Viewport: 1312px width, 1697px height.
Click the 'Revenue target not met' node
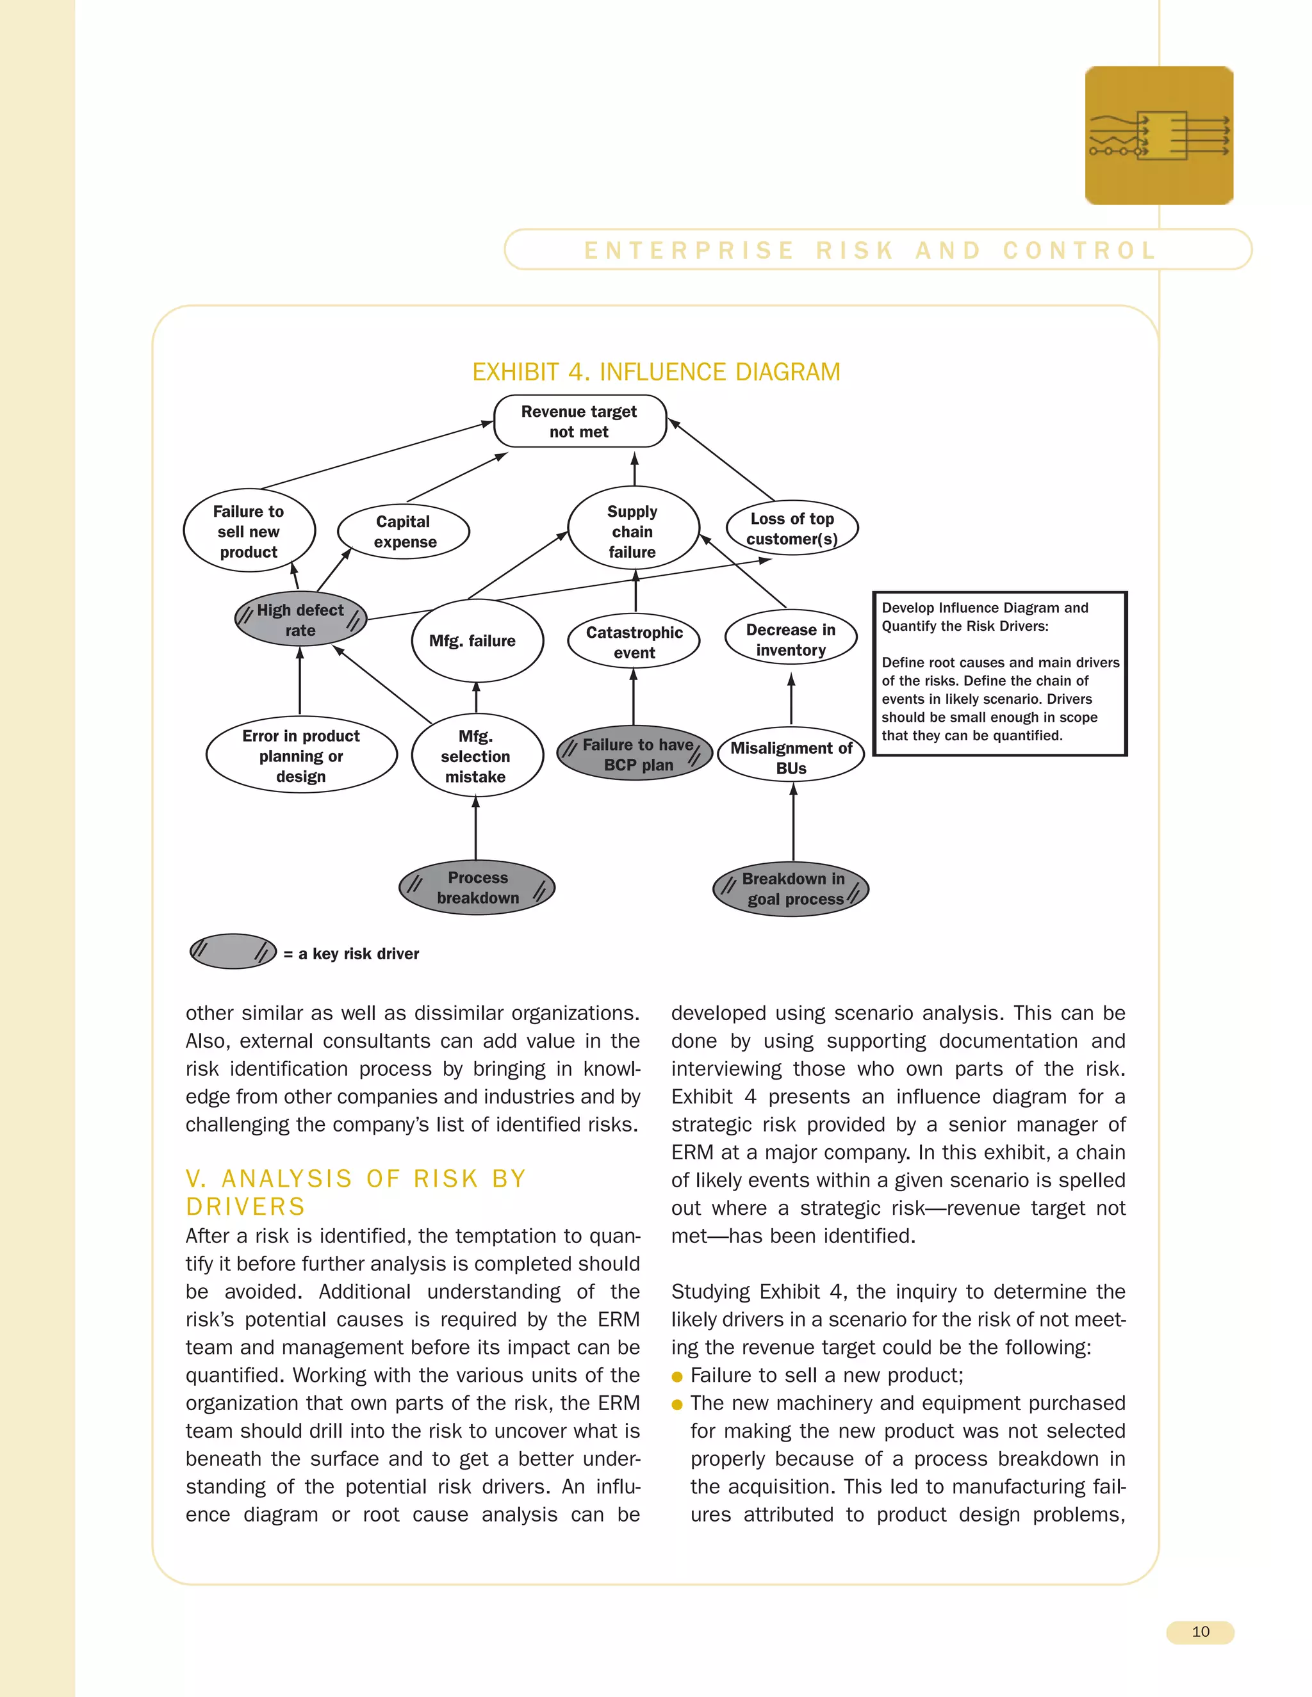(580, 421)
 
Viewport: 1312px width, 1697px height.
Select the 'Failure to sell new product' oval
(249, 531)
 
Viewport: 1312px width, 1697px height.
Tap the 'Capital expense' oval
(404, 532)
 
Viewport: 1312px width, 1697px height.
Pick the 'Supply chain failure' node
(633, 531)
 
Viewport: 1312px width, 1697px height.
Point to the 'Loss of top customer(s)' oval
(791, 528)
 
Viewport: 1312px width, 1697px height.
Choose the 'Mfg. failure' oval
(477, 641)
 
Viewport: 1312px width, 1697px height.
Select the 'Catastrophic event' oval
(634, 642)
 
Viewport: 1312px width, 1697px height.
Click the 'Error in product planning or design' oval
(301, 755)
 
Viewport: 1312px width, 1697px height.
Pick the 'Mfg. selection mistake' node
(477, 755)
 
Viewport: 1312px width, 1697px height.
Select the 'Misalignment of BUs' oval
(791, 757)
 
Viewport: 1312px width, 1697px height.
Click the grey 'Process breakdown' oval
(477, 888)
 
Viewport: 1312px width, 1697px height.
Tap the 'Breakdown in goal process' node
(791, 889)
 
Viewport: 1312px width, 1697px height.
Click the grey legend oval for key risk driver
(233, 951)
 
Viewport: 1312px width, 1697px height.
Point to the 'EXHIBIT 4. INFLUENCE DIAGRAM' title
(656, 372)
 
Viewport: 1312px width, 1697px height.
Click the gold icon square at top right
(1159, 136)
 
